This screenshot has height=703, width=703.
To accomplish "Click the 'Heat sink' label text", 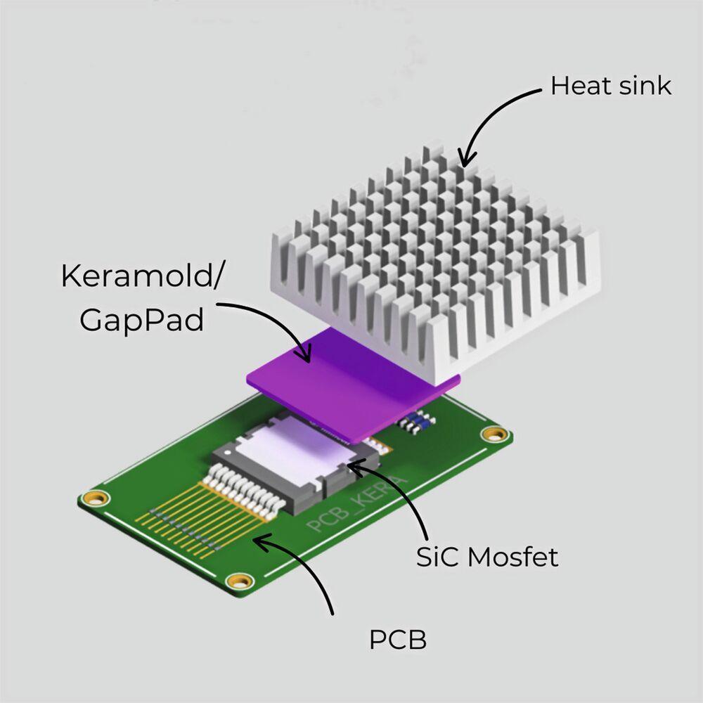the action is pos(611,86).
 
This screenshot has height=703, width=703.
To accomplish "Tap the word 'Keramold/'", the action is pos(141,276).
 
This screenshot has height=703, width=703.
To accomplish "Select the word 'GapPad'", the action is pos(142,319).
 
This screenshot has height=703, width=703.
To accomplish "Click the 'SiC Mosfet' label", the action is pos(487,557).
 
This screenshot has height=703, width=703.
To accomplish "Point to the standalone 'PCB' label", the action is pos(398,639).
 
